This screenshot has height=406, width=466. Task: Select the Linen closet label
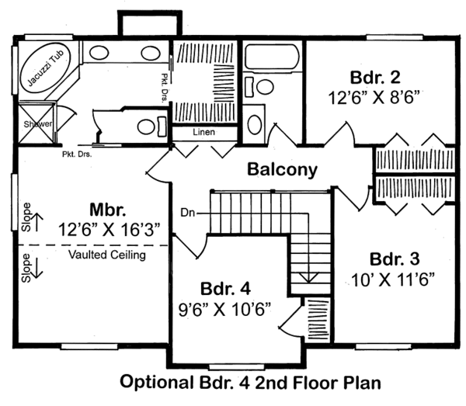click(x=204, y=133)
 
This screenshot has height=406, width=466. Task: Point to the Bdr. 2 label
click(x=374, y=77)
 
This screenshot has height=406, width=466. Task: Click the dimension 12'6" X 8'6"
click(x=374, y=99)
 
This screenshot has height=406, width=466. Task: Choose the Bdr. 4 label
click(x=224, y=288)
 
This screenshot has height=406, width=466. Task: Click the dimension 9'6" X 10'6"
click(x=224, y=308)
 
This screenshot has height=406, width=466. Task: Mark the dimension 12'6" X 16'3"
click(x=109, y=230)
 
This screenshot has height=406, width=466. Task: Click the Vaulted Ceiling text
click(x=106, y=255)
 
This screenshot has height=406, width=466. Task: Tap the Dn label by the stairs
click(x=187, y=211)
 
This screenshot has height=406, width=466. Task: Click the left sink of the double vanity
click(x=98, y=53)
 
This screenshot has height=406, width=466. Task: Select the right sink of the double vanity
click(x=149, y=53)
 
